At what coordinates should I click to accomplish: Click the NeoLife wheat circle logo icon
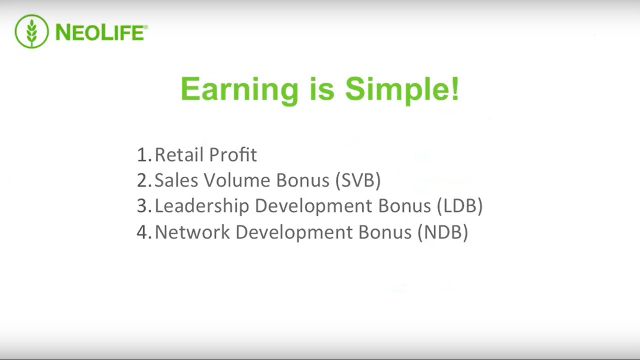(x=31, y=31)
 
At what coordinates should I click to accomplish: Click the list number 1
(x=144, y=154)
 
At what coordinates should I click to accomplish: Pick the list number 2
(x=144, y=180)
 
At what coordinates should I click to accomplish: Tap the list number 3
(x=144, y=205)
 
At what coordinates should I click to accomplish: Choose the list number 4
(x=144, y=231)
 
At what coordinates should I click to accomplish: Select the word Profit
(x=233, y=154)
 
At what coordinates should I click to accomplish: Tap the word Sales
(x=176, y=180)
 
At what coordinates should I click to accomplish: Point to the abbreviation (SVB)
(x=358, y=180)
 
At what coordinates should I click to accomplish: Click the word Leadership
(x=202, y=205)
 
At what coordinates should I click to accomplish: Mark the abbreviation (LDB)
(x=459, y=205)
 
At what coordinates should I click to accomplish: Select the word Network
(x=192, y=231)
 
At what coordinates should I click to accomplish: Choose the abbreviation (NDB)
(x=443, y=232)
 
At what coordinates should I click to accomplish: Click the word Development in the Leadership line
(x=313, y=206)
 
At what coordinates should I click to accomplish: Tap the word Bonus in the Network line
(x=384, y=231)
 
